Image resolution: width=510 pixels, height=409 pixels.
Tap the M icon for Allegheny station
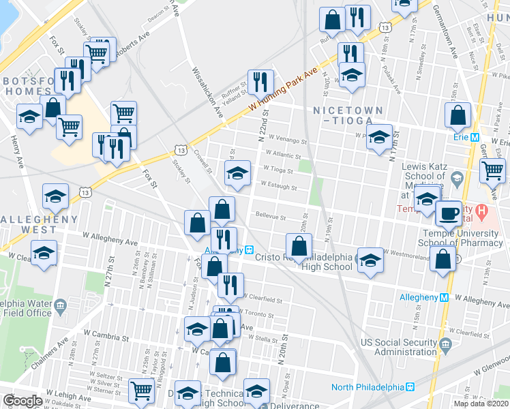444,297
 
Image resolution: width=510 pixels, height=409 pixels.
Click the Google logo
22,401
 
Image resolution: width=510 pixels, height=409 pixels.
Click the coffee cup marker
449,212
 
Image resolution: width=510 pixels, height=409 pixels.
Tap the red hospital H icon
482,212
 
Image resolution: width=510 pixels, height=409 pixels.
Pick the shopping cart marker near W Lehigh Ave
141,390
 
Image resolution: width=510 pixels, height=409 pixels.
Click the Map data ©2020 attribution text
481,404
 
